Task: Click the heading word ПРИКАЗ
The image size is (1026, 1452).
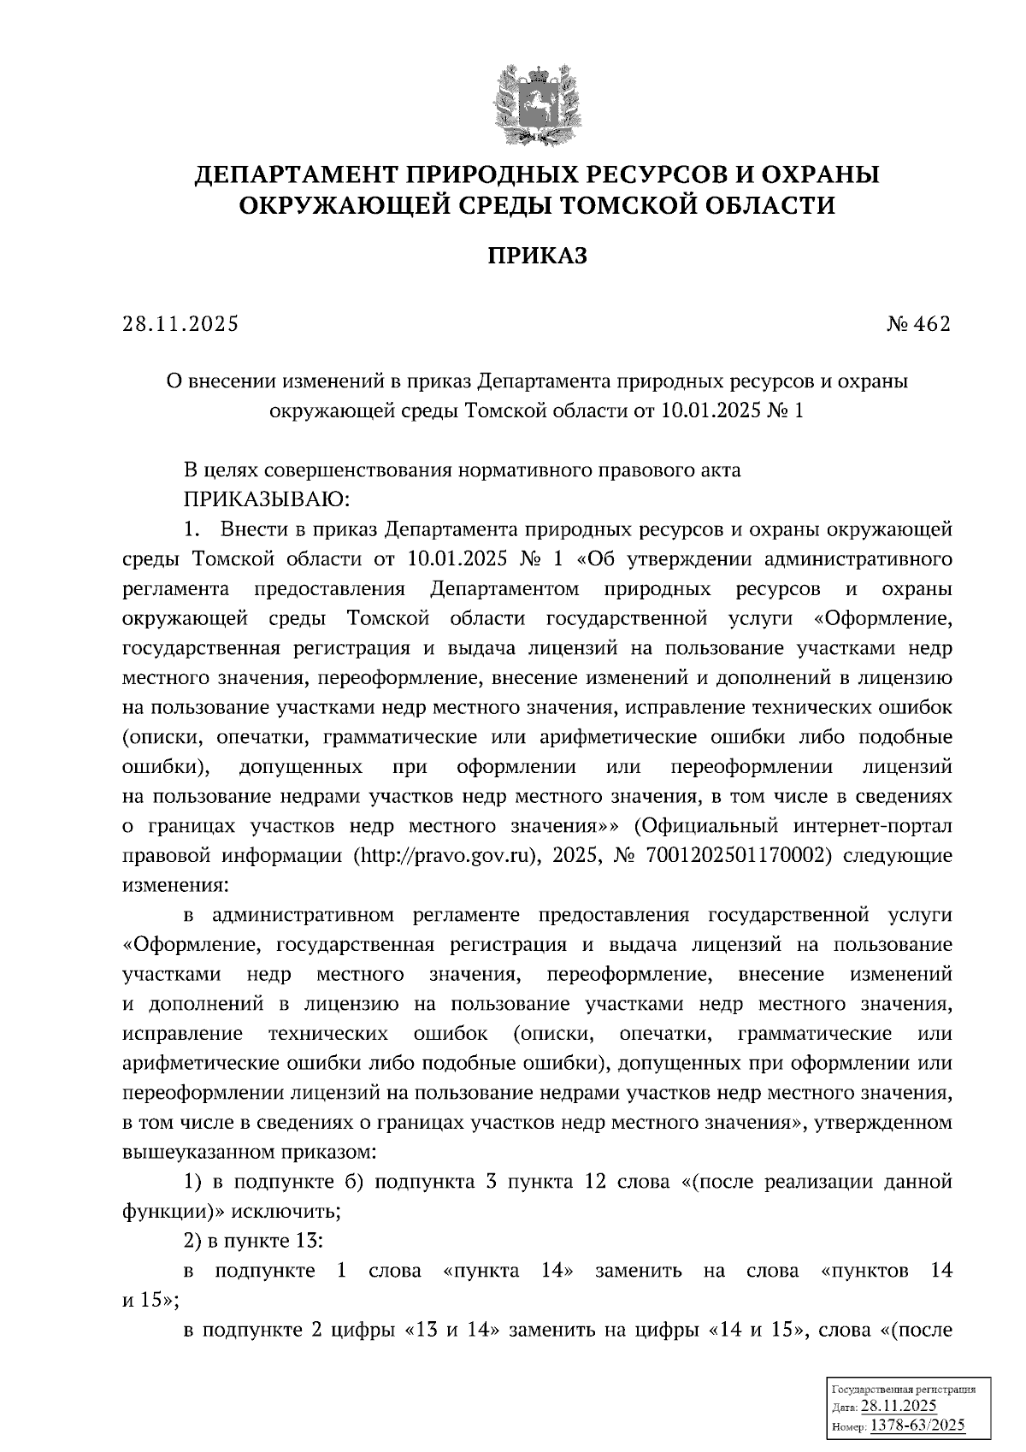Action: tap(537, 256)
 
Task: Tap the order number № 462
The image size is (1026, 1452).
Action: tap(917, 326)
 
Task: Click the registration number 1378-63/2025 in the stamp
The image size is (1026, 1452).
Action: tap(917, 1425)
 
